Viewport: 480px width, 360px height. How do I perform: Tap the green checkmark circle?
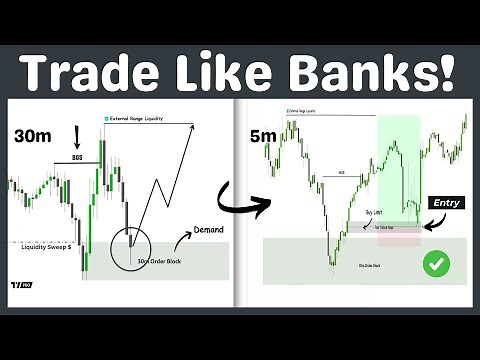click(436, 264)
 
